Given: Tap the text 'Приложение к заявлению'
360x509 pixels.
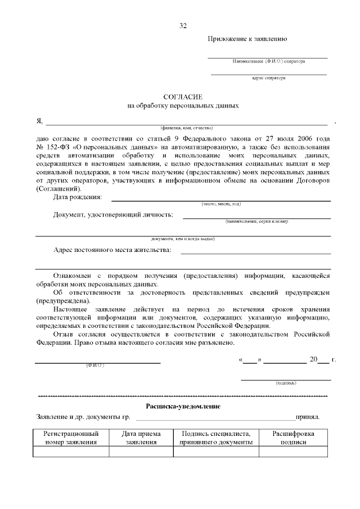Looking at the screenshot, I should coord(248,39).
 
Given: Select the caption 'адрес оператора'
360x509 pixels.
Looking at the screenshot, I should coord(268,78).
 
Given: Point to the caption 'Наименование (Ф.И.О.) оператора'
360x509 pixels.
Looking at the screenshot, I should coord(268,61).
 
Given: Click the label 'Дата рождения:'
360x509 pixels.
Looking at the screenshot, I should coord(78,197).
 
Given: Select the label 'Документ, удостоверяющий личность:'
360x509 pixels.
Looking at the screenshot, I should coord(113,215).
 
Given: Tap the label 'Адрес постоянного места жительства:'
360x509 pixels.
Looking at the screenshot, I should coord(112,250).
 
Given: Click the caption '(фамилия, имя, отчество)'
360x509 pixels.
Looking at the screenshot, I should coord(186,129).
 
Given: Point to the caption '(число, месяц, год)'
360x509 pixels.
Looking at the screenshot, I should coord(221,204).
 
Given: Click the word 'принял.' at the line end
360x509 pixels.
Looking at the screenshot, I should coord(308,418).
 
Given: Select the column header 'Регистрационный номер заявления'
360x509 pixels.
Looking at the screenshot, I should coord(71,438).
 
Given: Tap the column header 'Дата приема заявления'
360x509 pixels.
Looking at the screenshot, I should coord(141,438).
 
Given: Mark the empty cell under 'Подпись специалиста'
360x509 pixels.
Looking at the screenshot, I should coord(216,452).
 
